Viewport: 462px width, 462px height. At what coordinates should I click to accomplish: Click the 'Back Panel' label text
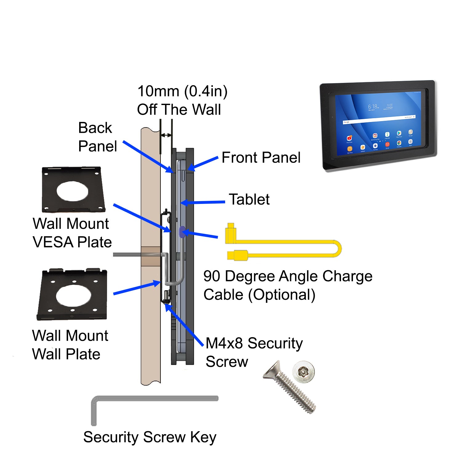(x=97, y=137)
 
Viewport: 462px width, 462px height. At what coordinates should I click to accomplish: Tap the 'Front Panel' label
(x=261, y=158)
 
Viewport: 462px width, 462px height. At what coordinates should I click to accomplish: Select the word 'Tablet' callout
(x=249, y=199)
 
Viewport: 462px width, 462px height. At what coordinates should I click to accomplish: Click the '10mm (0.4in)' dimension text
(x=182, y=91)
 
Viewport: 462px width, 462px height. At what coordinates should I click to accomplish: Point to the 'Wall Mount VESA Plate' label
(x=72, y=233)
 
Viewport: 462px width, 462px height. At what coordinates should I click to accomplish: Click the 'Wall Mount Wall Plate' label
(x=70, y=345)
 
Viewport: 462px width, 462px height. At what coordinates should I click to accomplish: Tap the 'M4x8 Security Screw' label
(x=254, y=352)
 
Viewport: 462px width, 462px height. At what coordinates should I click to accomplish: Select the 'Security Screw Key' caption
(x=150, y=437)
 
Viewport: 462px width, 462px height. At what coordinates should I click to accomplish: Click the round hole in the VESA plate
(x=72, y=191)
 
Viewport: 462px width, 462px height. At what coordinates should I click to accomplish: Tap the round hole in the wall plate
(x=74, y=295)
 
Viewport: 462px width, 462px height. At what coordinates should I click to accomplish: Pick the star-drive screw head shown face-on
(x=303, y=372)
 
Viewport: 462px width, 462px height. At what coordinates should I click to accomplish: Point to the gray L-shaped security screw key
(x=154, y=399)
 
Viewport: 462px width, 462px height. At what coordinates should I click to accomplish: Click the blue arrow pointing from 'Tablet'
(x=203, y=202)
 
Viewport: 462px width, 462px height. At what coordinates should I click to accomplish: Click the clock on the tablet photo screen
(x=373, y=107)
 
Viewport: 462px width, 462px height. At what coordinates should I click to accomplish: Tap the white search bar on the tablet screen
(x=379, y=120)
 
